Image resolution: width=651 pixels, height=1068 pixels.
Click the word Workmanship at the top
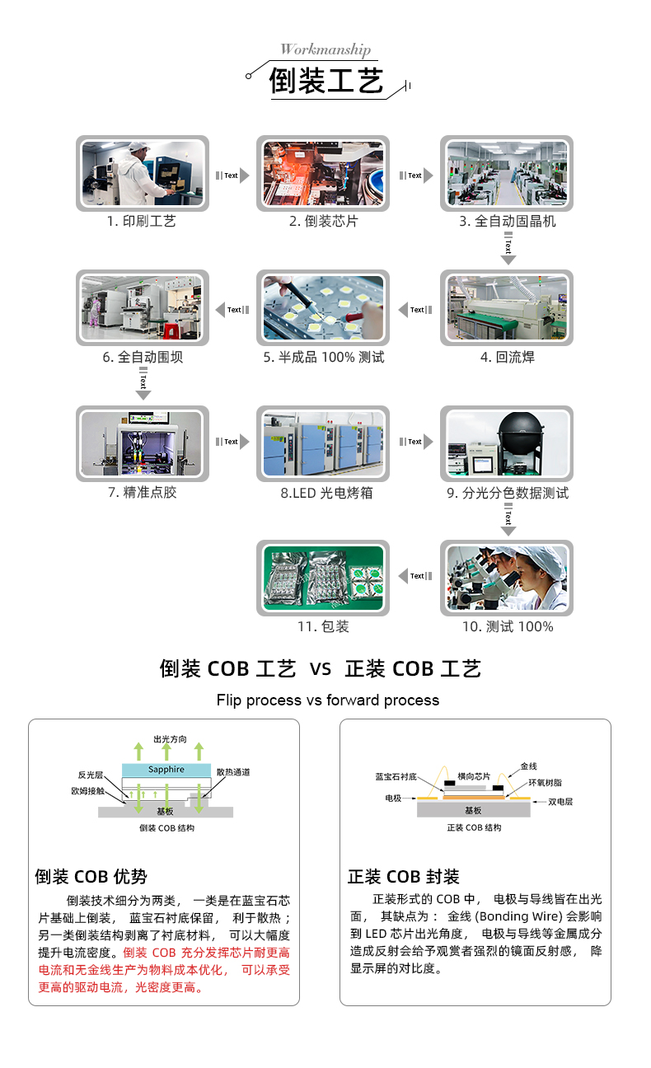coord(325,49)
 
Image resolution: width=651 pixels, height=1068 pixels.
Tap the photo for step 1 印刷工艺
coord(143,173)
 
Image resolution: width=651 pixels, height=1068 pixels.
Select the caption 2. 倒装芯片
coord(324,221)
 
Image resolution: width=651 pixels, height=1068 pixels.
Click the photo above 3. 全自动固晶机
coord(507,173)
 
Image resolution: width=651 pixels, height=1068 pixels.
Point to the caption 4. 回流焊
coord(508,357)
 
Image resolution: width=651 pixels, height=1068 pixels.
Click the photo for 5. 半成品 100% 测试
coord(324,307)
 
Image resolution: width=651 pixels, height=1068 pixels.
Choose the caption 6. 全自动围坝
coord(143,357)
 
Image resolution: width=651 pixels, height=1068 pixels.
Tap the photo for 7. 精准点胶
coord(143,443)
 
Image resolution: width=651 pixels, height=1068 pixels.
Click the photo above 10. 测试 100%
coord(507,578)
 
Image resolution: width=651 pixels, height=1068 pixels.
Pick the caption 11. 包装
coord(323,626)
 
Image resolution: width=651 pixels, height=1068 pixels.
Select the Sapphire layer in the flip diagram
coord(166,769)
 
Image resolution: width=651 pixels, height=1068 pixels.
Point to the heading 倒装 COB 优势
coord(91,876)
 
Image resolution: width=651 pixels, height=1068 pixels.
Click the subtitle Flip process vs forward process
coord(327,700)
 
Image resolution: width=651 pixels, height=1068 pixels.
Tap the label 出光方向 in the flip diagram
coord(170,739)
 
